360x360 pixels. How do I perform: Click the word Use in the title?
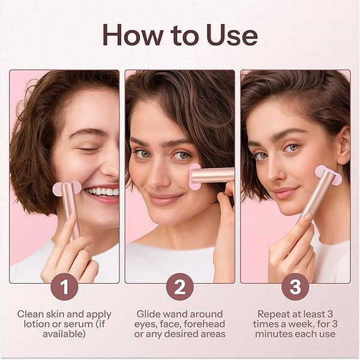(232, 35)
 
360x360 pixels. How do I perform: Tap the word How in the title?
(133, 35)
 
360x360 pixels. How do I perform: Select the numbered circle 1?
(65, 287)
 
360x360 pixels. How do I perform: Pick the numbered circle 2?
(180, 287)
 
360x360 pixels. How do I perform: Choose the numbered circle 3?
(295, 287)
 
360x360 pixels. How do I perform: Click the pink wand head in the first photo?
(67, 188)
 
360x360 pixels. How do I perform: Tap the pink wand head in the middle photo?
(194, 176)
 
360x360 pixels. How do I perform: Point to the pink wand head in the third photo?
(328, 175)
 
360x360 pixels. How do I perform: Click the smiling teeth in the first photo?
(103, 191)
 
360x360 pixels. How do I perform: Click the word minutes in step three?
(271, 334)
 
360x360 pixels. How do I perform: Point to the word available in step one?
(64, 334)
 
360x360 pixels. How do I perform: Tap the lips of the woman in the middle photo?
(166, 199)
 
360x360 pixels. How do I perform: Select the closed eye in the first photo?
(88, 149)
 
